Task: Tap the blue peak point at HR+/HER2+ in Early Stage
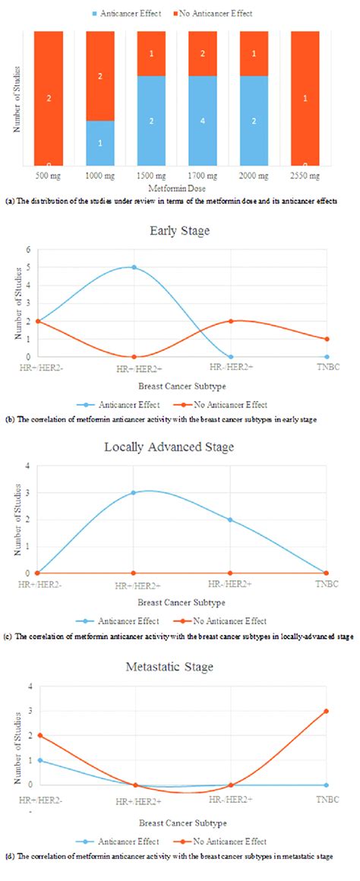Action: (x=134, y=267)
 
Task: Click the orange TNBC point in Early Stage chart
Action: (x=327, y=339)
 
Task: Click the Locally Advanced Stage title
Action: (x=180, y=447)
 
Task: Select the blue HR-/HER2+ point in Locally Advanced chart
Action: (x=230, y=520)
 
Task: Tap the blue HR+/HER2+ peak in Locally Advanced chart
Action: (x=134, y=493)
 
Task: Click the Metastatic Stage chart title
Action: (x=180, y=667)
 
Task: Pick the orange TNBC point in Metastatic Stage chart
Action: (x=327, y=711)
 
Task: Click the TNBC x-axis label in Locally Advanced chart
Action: (x=327, y=583)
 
